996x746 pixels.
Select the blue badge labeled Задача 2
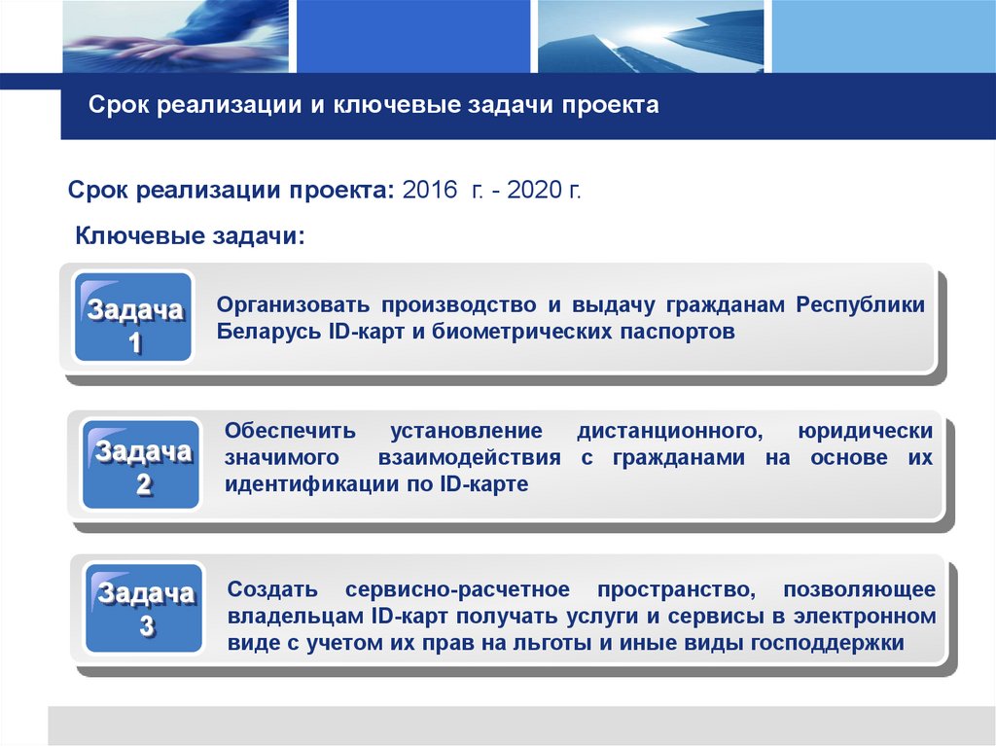click(142, 464)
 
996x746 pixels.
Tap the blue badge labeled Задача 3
click(144, 608)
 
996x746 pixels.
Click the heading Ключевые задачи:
click(191, 236)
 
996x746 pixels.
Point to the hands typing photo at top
click(175, 37)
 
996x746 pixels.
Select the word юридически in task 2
click(865, 430)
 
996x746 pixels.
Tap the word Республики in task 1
click(861, 305)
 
